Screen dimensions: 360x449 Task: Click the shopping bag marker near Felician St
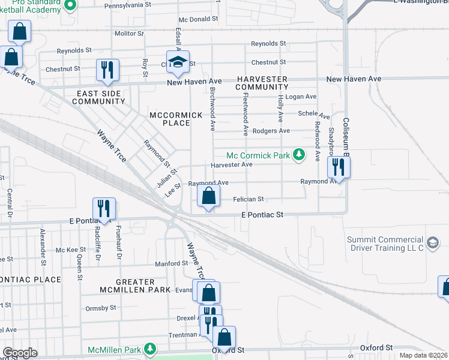[x=208, y=196]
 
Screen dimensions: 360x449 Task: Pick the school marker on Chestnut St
[x=178, y=61]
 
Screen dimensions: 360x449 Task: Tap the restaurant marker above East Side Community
[x=107, y=70]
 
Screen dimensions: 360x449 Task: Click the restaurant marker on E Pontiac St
[x=104, y=208]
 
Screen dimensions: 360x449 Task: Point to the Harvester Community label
[x=262, y=83]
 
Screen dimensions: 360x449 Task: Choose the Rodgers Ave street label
[x=271, y=131]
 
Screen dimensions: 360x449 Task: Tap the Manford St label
[x=172, y=263]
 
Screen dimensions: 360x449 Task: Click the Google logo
[x=20, y=353]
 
